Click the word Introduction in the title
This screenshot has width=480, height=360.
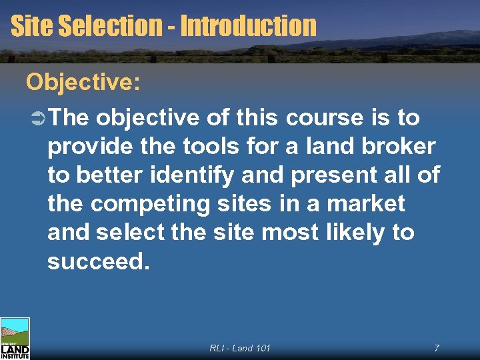(248, 26)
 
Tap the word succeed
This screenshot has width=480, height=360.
(95, 261)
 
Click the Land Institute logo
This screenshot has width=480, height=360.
(15, 339)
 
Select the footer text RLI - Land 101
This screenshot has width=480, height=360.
(240, 348)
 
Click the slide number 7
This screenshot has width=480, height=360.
(436, 348)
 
